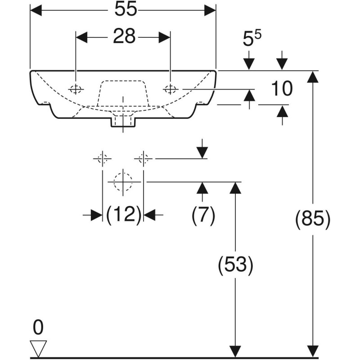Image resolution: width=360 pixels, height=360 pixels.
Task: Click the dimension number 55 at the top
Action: pyautogui.click(x=125, y=10)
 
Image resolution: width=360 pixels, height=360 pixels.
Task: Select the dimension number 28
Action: pyautogui.click(x=124, y=37)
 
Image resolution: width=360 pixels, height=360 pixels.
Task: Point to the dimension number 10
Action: pyautogui.click(x=282, y=89)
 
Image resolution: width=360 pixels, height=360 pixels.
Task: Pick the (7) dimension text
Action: pyautogui.click(x=203, y=216)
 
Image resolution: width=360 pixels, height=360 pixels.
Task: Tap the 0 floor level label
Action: pyautogui.click(x=38, y=328)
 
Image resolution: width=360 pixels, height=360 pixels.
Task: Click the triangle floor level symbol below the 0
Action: pyautogui.click(x=38, y=347)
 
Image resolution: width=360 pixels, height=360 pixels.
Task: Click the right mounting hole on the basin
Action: pyautogui.click(x=170, y=89)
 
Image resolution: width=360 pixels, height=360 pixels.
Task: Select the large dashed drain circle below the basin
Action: pyautogui.click(x=122, y=182)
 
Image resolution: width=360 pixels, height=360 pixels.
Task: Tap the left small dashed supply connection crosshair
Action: pyautogui.click(x=102, y=158)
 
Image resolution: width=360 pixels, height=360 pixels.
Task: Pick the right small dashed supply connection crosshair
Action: pyautogui.click(x=143, y=158)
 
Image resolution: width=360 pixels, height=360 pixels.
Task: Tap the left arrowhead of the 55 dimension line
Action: pyautogui.click(x=36, y=10)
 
